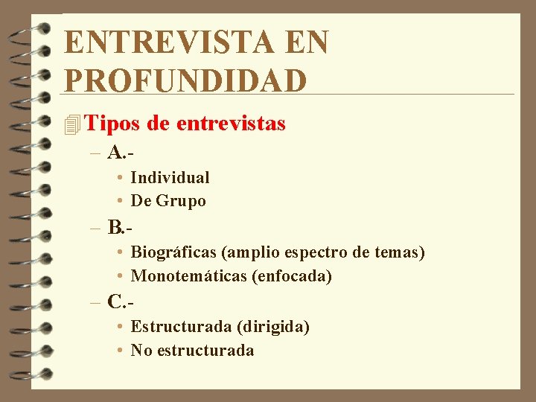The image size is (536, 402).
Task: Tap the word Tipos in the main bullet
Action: [x=114, y=124]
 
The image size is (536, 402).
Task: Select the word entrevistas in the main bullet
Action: [x=231, y=124]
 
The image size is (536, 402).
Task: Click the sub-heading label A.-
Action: [x=120, y=153]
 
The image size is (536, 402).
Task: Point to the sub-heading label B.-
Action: [x=120, y=226]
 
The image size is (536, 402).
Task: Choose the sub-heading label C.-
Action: [x=121, y=301]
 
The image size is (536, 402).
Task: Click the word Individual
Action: [x=170, y=178]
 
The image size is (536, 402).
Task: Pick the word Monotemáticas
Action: [x=189, y=276]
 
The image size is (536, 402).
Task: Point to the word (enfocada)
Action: [x=292, y=276]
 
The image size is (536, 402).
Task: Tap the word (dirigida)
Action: [x=272, y=327]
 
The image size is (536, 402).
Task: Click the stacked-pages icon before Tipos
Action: [x=72, y=124]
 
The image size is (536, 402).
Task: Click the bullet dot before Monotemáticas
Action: [x=120, y=277]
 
